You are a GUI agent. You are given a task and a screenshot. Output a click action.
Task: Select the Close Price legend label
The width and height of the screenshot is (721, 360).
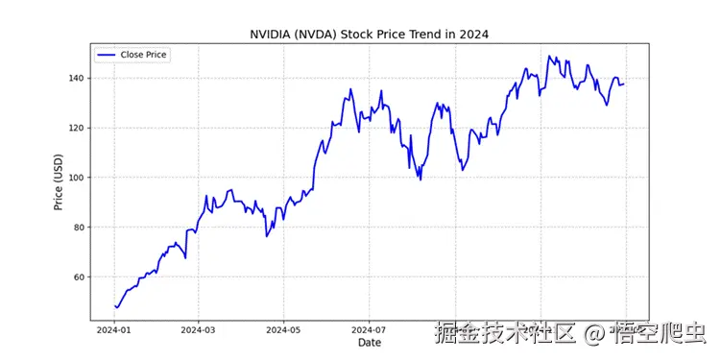(x=143, y=55)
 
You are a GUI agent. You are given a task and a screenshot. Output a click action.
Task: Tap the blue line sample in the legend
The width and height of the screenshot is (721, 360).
(x=106, y=55)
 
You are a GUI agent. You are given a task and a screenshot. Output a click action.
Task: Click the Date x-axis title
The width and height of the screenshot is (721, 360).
(x=370, y=342)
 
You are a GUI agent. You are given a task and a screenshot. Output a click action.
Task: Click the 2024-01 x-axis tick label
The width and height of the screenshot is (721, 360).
(x=113, y=328)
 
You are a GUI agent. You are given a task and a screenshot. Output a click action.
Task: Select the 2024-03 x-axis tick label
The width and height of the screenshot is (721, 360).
(x=198, y=328)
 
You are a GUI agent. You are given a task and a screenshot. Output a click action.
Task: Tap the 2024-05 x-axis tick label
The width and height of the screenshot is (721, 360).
(x=284, y=328)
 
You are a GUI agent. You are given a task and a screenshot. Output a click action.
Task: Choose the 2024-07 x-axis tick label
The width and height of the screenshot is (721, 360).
(x=370, y=328)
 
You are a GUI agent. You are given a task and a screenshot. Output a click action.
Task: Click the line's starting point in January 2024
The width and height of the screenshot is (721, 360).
(x=114, y=306)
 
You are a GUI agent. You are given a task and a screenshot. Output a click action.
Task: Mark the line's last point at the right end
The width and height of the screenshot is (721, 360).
(x=624, y=84)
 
